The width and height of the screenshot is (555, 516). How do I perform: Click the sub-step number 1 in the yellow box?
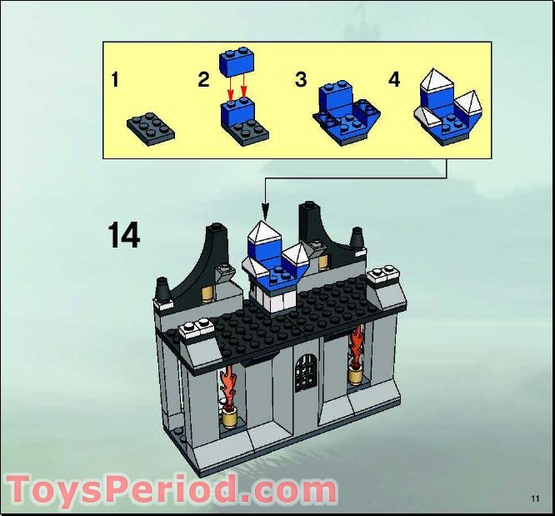point(115,80)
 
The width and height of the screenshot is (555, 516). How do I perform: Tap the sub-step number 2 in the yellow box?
point(203,80)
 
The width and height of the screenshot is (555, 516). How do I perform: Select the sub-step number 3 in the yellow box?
point(301,80)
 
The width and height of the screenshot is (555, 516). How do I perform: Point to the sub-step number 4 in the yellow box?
point(394,80)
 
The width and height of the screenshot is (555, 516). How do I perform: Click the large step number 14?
point(123,235)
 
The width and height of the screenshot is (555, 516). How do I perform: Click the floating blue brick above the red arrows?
point(236,63)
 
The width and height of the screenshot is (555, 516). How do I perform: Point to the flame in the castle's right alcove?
point(357,347)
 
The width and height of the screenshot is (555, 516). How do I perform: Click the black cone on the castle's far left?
point(162,292)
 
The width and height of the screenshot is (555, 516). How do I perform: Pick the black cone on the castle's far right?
point(357,238)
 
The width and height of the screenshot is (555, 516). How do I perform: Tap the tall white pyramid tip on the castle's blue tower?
point(264,231)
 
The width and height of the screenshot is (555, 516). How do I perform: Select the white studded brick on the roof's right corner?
point(384,276)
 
